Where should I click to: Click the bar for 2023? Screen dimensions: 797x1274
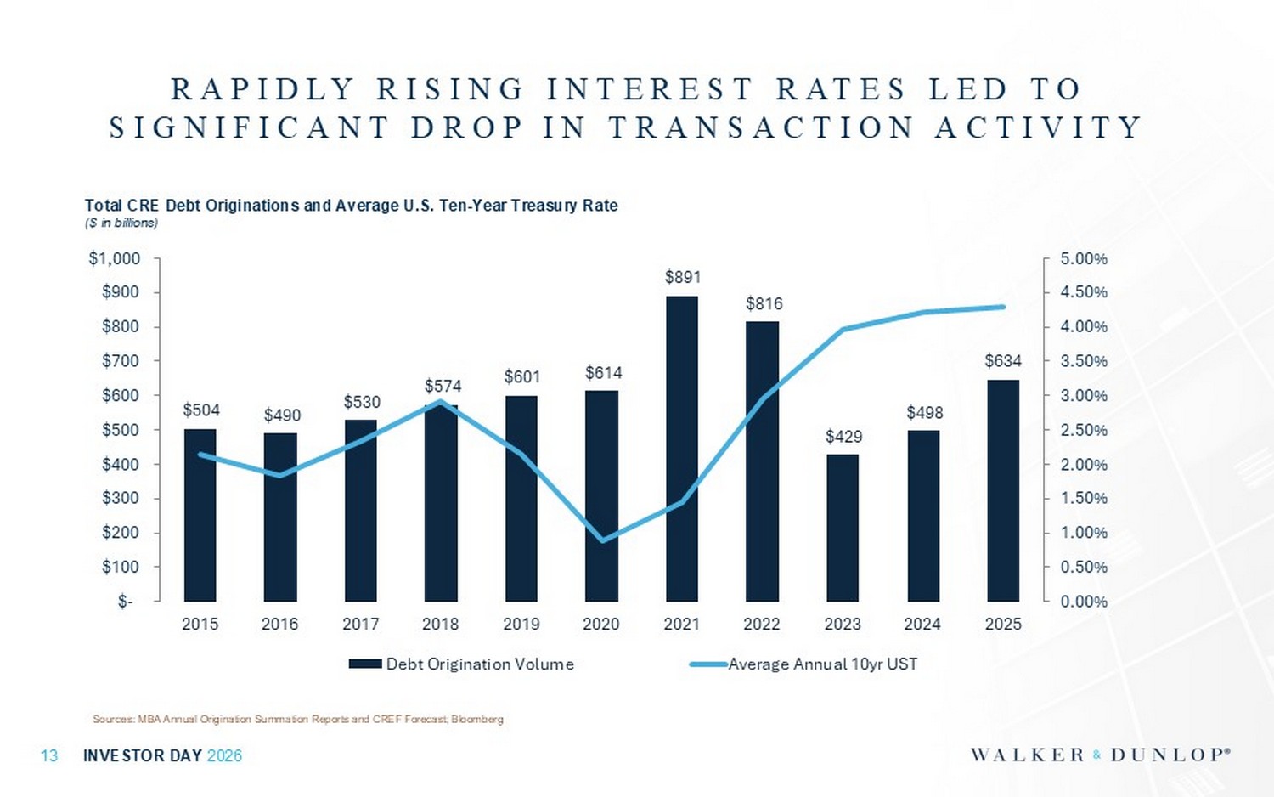tap(843, 528)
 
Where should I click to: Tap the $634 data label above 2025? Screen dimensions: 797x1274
tap(1003, 361)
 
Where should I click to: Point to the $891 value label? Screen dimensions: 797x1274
tap(682, 277)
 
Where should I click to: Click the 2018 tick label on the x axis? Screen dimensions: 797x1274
tap(440, 625)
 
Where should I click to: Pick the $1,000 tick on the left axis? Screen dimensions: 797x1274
tap(115, 259)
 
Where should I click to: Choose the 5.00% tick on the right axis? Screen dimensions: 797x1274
tap(1084, 259)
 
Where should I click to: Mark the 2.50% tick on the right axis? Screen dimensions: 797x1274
tap(1084, 430)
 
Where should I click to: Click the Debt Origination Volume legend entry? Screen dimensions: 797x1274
tap(462, 664)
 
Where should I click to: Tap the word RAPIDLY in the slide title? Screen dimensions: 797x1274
tap(262, 89)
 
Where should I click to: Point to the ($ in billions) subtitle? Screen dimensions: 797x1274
tap(121, 223)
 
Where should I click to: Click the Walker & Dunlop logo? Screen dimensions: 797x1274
tap(1100, 755)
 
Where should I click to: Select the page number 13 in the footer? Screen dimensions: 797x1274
tap(49, 755)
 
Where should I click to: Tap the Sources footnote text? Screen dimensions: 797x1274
tap(297, 719)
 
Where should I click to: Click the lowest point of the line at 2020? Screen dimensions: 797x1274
tap(602, 540)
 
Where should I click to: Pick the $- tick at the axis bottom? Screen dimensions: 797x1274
tap(126, 602)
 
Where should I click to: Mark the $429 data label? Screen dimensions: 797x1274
tap(843, 437)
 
